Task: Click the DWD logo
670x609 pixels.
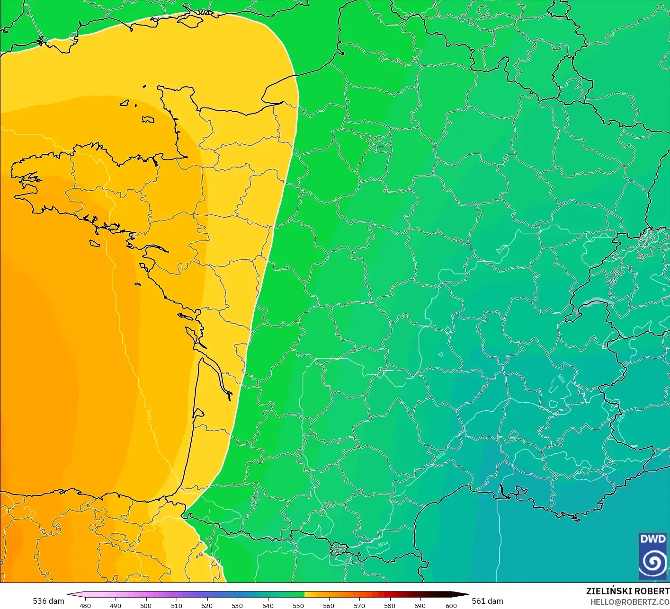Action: pos(653,556)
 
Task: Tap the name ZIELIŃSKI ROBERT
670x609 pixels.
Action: pos(627,591)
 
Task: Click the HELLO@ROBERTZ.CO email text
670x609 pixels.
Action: pos(630,602)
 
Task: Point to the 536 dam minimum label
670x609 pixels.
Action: pos(48,601)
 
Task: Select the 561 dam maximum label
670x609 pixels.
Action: pos(487,601)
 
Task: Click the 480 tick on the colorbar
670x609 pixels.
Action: pos(85,605)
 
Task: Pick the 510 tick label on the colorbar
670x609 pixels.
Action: pos(177,605)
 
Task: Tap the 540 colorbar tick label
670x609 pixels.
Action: pos(268,605)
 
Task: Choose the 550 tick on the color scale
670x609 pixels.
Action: pos(298,605)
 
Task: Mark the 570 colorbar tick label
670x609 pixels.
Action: pos(359,605)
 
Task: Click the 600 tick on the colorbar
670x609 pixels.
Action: pos(451,605)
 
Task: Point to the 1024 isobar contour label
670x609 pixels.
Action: pos(149,415)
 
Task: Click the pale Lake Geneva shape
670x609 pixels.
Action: pos(598,301)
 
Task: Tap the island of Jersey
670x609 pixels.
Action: pos(148,120)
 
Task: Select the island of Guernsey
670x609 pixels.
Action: pos(125,102)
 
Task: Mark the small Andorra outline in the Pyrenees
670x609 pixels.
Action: pos(339,549)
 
